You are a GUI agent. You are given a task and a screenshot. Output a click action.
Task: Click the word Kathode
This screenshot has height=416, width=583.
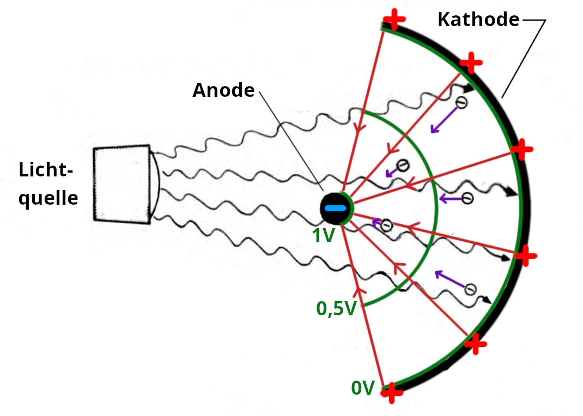pyautogui.click(x=478, y=20)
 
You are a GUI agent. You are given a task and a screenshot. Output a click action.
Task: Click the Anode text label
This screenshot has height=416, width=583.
pyautogui.click(x=223, y=90)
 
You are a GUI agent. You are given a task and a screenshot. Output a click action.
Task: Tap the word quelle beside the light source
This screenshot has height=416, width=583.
pyautogui.click(x=48, y=199)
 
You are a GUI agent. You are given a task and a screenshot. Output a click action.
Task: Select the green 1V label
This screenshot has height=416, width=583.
pyautogui.click(x=323, y=236)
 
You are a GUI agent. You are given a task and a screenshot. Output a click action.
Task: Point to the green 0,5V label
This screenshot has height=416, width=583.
pyautogui.click(x=336, y=309)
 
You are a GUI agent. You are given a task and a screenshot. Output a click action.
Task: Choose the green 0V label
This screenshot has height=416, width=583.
pyautogui.click(x=363, y=388)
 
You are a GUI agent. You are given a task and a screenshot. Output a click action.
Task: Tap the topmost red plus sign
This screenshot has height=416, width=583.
pyautogui.click(x=394, y=20)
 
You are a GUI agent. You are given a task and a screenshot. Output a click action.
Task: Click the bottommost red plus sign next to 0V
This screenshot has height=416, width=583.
pyautogui.click(x=391, y=392)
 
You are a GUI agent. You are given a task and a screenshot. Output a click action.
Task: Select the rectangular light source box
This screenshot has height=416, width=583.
pyautogui.click(x=121, y=184)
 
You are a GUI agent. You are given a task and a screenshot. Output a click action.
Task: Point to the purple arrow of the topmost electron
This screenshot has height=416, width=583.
pyautogui.click(x=442, y=120)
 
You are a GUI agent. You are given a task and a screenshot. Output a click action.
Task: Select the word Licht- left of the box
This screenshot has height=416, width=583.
pyautogui.click(x=46, y=170)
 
